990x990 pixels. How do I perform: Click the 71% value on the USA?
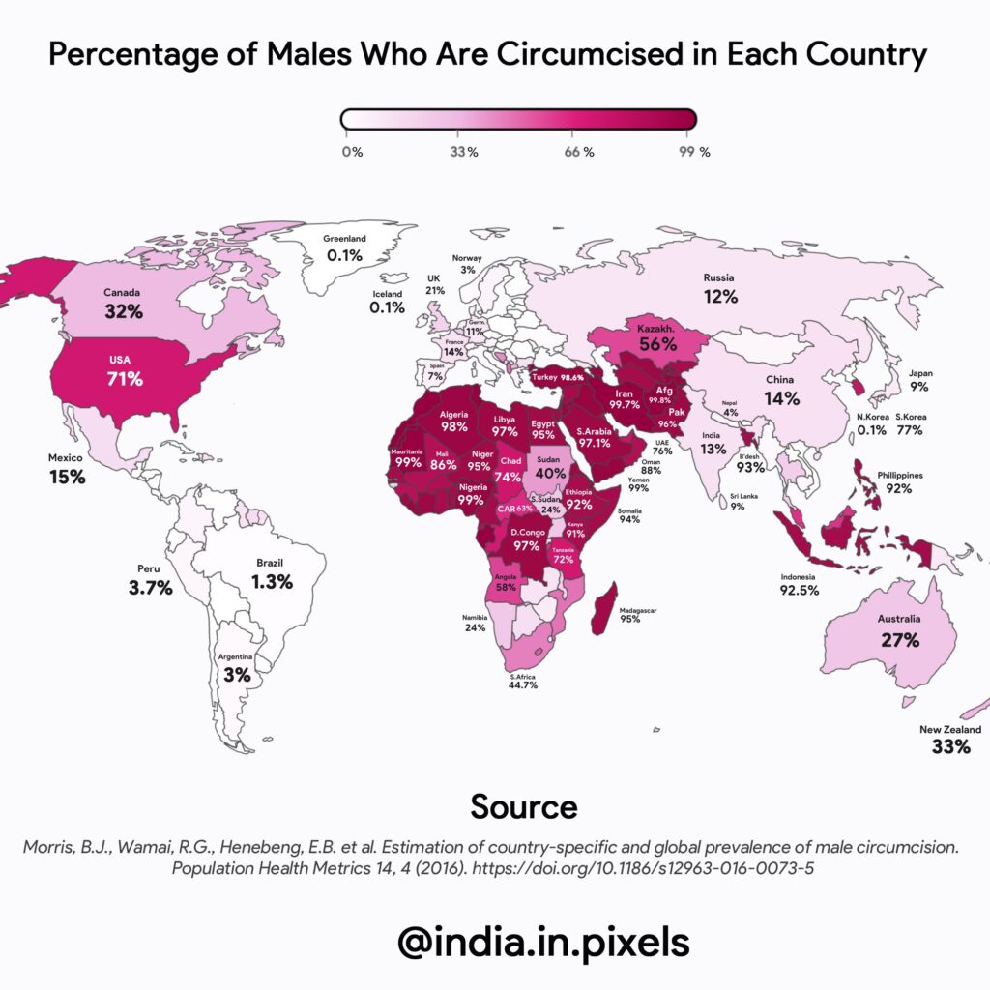click(125, 378)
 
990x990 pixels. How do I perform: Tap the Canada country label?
click(124, 292)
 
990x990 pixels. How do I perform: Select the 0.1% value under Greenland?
click(344, 256)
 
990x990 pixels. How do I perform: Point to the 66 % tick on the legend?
click(578, 152)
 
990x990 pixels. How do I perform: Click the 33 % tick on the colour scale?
click(464, 152)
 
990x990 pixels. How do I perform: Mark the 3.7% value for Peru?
click(151, 587)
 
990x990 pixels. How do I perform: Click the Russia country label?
click(720, 278)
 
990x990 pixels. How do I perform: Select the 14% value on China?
click(781, 397)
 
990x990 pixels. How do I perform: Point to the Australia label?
click(899, 619)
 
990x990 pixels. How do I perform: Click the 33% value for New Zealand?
click(950, 746)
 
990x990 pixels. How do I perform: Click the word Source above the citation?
click(523, 806)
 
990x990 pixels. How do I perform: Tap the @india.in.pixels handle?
click(543, 940)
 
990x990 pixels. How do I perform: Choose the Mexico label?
click(67, 457)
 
